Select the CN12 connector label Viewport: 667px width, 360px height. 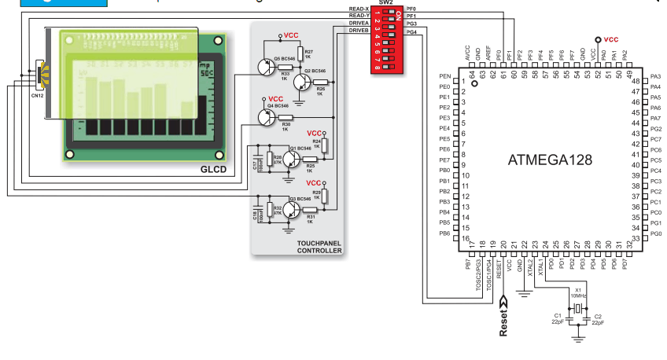click(37, 95)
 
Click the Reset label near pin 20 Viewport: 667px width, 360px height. click(503, 322)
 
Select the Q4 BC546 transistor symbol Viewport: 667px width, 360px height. click(266, 117)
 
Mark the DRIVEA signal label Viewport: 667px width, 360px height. click(359, 24)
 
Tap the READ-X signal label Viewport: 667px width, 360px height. click(359, 9)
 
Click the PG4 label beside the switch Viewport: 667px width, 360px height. click(411, 32)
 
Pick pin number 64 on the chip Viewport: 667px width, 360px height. click(473, 74)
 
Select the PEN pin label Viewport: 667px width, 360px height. click(444, 76)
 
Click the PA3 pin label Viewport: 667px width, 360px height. click(656, 76)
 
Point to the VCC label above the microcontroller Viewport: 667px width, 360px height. click(610, 39)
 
